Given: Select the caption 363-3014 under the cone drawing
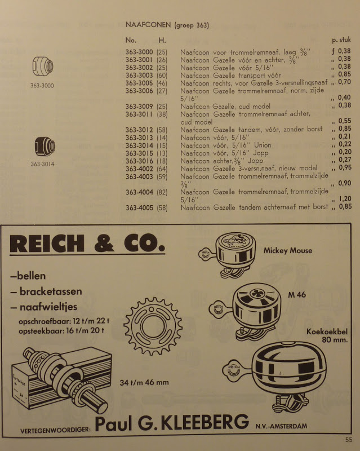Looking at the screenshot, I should tap(42, 165).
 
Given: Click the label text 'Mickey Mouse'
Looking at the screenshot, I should tap(288, 250).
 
